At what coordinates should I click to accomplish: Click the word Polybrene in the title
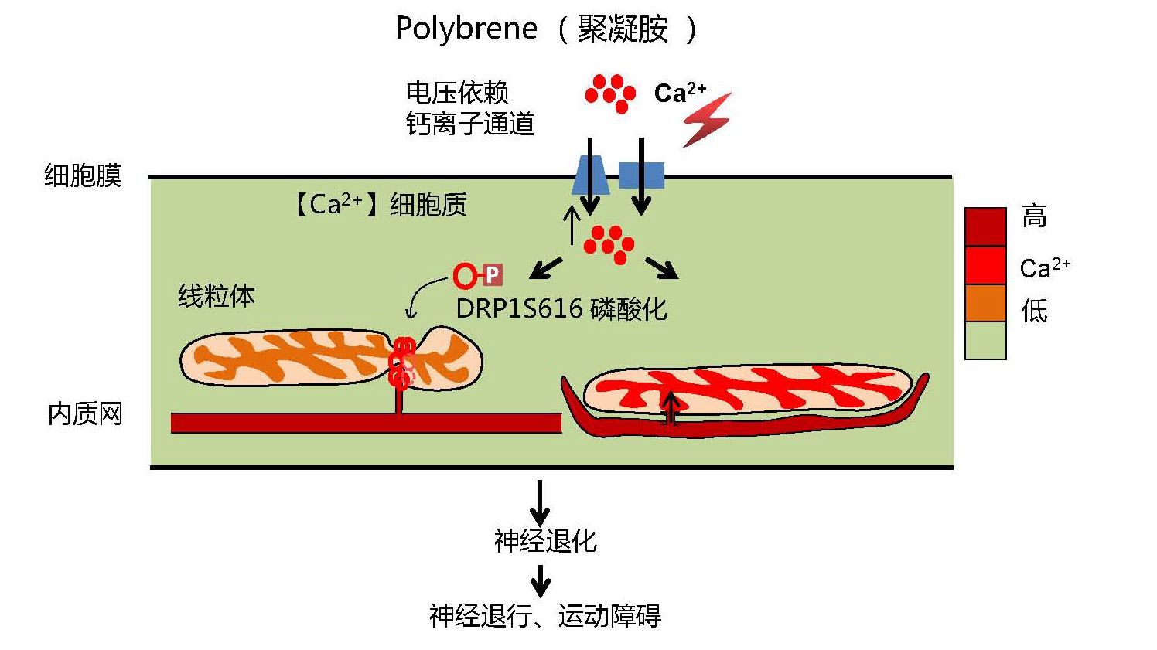466,29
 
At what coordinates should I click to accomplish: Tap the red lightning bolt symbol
707,120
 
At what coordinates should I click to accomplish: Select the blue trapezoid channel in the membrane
589,175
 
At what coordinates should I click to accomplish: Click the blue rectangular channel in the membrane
641,175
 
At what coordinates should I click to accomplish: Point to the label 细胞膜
83,175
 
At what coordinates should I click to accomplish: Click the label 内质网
85,414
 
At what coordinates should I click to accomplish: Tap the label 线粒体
216,296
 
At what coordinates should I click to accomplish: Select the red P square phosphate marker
492,274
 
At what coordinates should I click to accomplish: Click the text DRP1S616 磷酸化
561,309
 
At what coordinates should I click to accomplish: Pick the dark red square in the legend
985,226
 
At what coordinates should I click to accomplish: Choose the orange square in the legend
985,303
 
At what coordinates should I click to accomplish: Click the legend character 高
1034,216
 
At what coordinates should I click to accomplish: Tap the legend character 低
1034,311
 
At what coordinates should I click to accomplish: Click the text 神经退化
545,541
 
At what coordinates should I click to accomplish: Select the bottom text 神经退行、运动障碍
545,616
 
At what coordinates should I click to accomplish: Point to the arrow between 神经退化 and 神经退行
541,580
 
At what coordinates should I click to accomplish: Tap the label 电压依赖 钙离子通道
469,108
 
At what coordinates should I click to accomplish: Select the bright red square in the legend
985,265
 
